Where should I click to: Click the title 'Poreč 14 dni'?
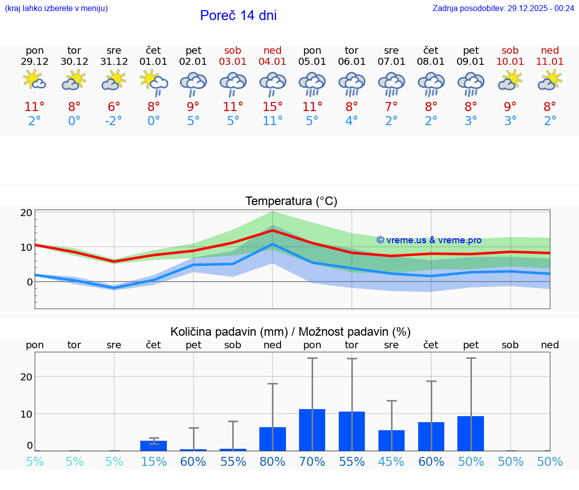coord(238,16)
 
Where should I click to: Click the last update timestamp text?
coord(503,8)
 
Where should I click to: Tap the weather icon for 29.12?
coord(35,80)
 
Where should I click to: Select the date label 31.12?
coord(114,62)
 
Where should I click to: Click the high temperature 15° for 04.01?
coord(272,107)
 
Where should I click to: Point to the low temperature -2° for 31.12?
coord(114,121)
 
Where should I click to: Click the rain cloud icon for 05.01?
coord(312,83)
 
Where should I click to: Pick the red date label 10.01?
coord(511,62)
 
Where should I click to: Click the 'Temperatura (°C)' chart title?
coord(291,201)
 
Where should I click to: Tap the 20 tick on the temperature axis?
coord(27,213)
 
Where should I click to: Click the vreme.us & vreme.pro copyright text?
coord(429,240)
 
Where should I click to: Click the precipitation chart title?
coord(291,332)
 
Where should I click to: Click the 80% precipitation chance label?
coord(272,462)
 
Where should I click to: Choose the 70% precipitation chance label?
coord(312,462)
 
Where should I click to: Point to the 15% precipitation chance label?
coord(154,462)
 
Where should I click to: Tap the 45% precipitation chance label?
coord(392,462)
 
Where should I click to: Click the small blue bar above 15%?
coord(154,446)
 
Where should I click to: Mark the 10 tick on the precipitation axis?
coord(27,414)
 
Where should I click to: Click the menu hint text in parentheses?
coord(56,8)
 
